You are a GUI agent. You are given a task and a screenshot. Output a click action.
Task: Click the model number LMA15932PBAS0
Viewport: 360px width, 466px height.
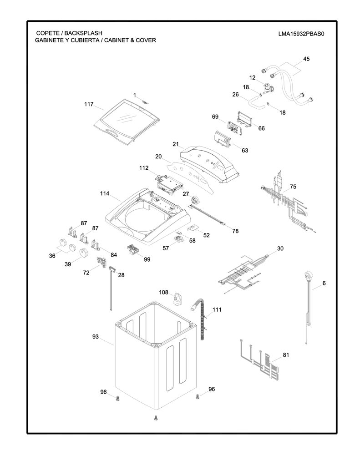301,34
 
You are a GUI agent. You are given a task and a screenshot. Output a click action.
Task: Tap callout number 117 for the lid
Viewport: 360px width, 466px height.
89,104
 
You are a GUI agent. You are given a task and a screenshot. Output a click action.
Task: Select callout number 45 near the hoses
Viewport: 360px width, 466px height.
306,59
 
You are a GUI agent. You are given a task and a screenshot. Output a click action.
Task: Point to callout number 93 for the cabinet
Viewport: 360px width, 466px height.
96,337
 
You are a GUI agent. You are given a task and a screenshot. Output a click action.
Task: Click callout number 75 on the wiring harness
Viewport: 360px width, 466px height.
293,187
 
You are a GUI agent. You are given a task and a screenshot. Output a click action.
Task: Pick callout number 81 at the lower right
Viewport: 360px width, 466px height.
286,355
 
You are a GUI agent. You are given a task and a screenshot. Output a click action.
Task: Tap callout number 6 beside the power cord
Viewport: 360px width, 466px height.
324,283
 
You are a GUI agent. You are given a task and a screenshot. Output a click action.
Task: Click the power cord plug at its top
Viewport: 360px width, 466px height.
308,275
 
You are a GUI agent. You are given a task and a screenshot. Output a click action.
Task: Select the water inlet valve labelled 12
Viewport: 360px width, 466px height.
269,89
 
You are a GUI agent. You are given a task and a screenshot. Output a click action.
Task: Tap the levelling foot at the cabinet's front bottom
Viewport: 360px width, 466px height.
156,418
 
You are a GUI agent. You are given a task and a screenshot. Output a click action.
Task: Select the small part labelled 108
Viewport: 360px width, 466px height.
177,298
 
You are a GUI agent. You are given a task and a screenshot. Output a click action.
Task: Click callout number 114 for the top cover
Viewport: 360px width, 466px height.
105,193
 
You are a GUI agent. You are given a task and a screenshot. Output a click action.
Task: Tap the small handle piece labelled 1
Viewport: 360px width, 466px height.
145,102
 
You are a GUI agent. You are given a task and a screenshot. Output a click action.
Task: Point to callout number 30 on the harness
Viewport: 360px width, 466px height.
280,248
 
